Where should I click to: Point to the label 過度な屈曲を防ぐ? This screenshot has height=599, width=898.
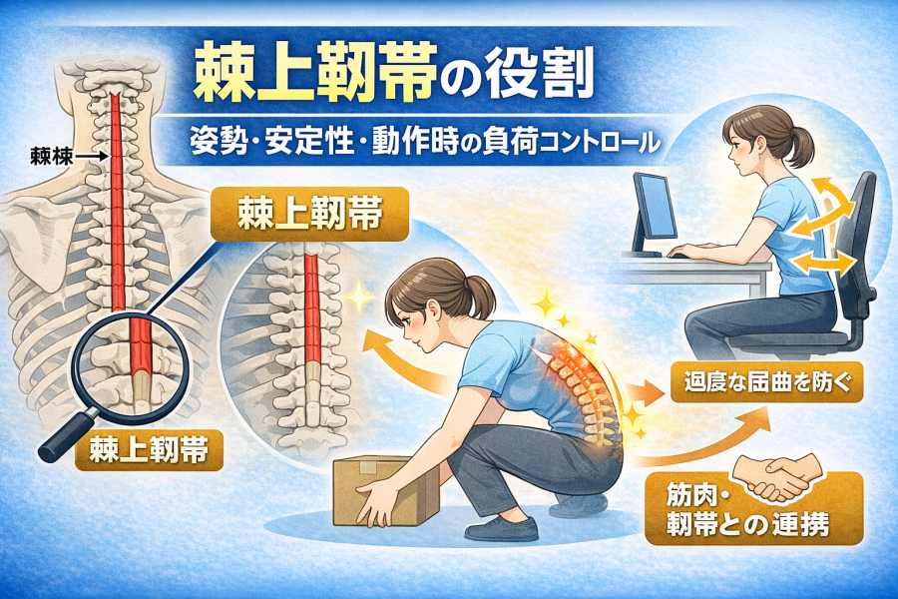coord(767,382)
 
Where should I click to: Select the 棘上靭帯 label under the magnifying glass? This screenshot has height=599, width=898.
coord(149,450)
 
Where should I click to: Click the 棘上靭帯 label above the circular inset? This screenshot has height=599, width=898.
coord(310,214)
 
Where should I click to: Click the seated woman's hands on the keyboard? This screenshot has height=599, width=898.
coord(694,250)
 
